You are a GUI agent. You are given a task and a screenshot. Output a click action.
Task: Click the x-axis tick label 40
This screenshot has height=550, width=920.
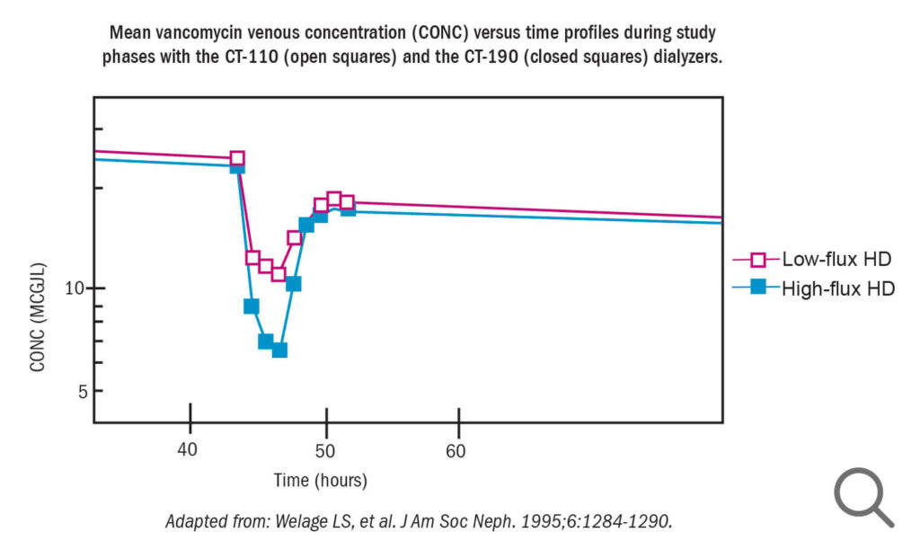point(187,450)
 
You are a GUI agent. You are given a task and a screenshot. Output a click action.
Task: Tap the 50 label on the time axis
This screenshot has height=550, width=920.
point(324,451)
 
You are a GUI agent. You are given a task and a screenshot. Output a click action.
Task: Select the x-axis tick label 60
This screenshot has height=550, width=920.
point(456,451)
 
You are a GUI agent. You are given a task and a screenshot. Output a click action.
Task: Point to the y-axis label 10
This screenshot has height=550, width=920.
point(75,288)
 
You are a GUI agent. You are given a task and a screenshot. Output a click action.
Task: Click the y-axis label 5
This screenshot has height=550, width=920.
point(83,392)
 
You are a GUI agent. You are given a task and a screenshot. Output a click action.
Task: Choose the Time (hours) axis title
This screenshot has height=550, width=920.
point(321,480)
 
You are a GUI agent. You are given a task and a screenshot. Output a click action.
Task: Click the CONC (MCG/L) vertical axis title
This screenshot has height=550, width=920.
point(38,317)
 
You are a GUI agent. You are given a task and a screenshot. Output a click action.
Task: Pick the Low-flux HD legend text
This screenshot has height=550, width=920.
point(836,259)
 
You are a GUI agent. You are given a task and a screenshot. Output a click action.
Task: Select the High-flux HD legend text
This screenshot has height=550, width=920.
point(838,288)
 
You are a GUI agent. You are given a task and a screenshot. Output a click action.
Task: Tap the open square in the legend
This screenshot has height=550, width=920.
point(758,260)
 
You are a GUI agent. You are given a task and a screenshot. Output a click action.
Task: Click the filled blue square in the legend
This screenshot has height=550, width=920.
point(758,287)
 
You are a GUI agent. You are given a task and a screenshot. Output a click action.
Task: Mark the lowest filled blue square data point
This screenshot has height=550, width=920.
point(280,350)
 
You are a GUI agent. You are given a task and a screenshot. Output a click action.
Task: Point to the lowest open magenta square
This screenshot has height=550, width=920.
point(279,273)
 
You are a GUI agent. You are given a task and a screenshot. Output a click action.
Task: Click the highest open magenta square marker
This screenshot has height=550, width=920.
point(237,158)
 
